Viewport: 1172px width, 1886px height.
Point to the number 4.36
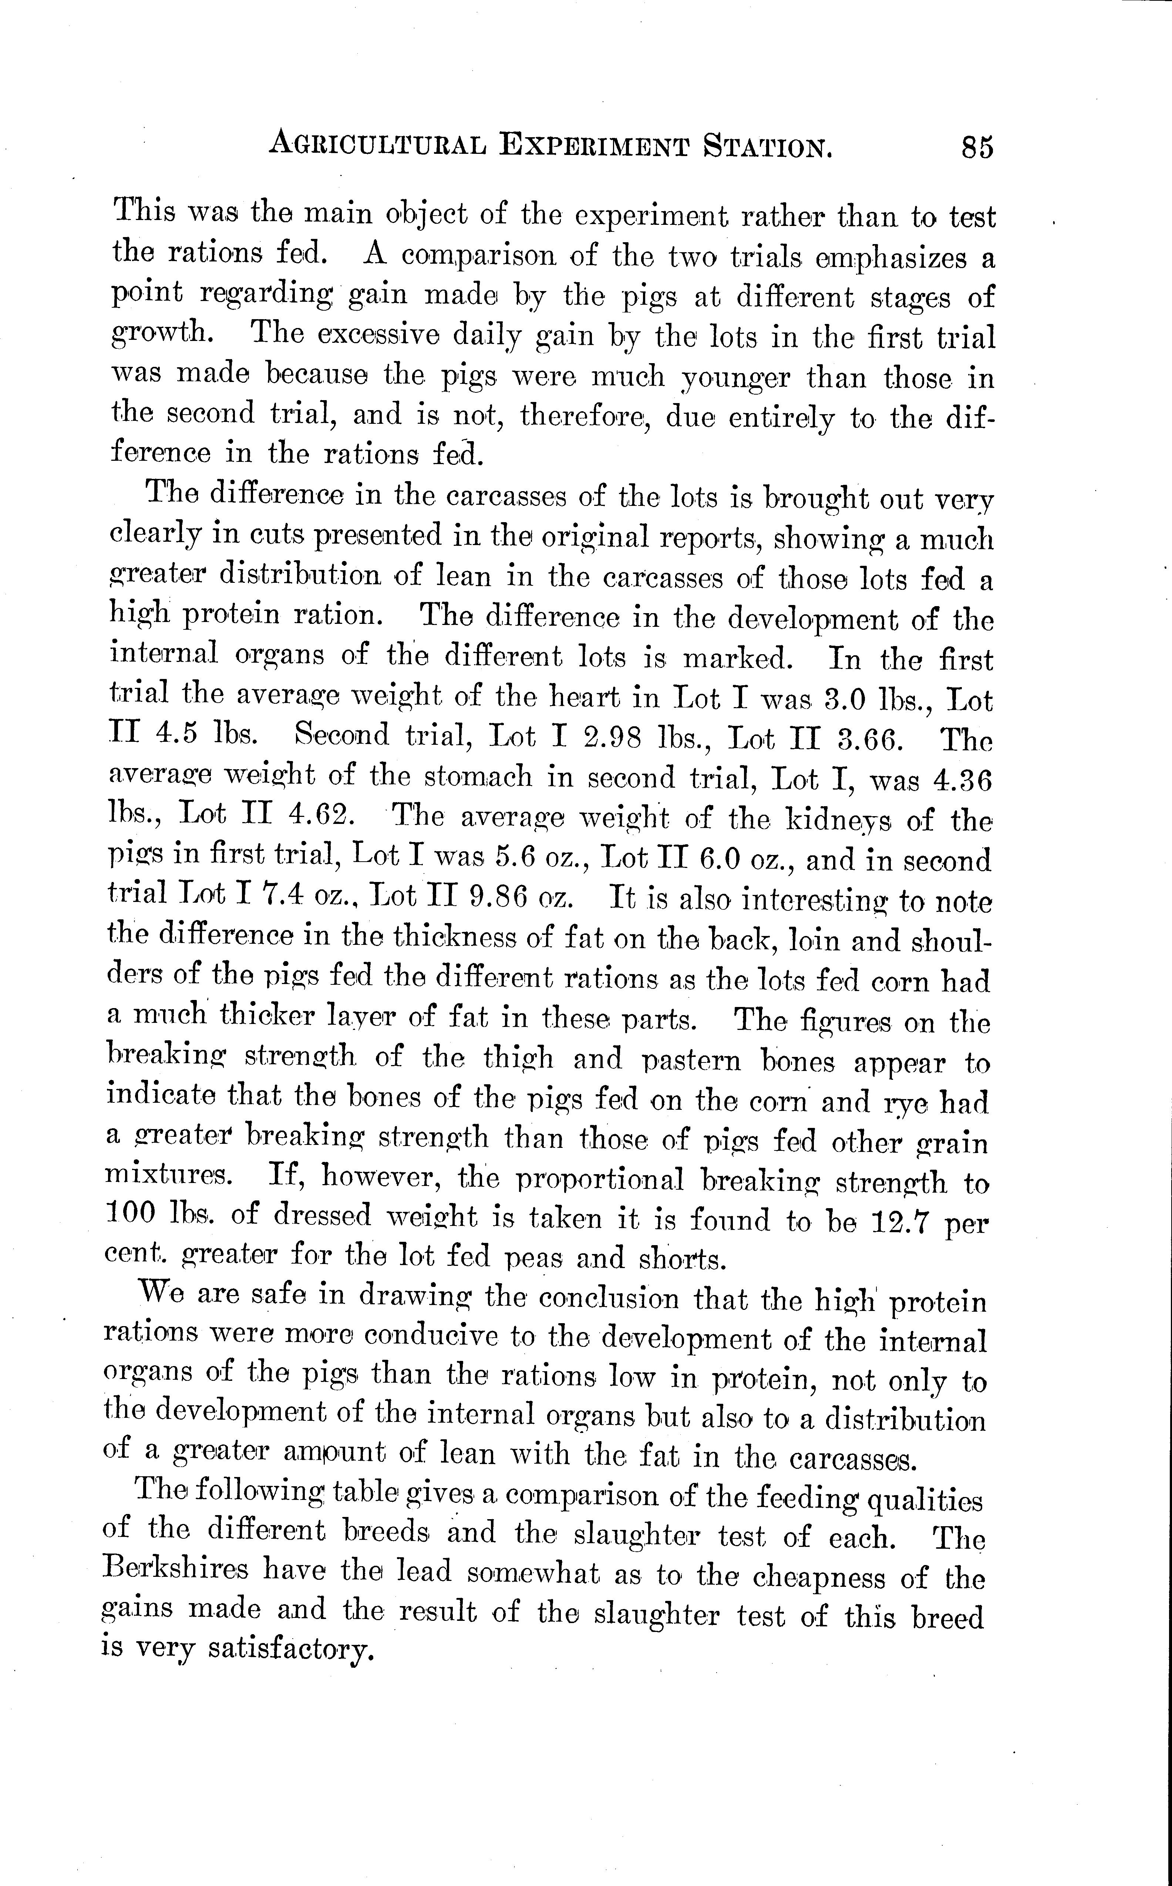pos(963,780)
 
